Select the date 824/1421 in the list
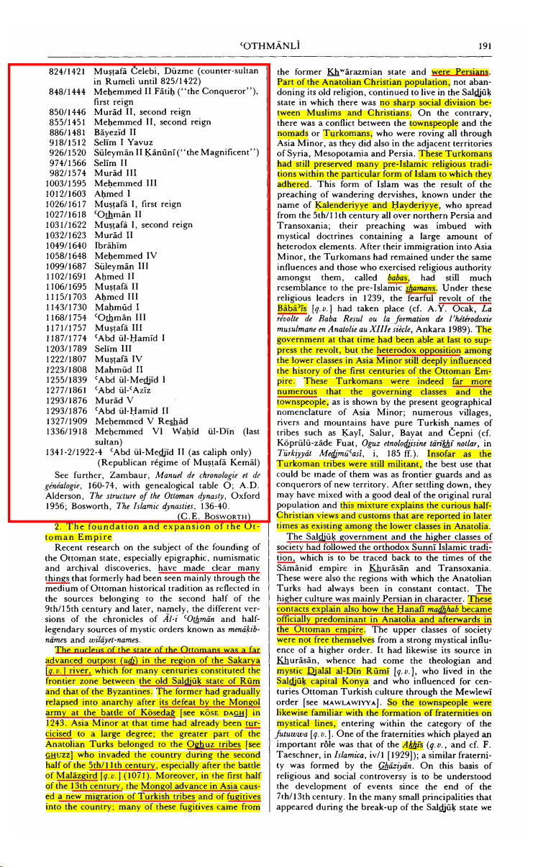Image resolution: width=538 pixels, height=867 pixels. tap(68, 72)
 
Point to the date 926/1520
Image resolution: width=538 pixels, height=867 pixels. tap(68, 152)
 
